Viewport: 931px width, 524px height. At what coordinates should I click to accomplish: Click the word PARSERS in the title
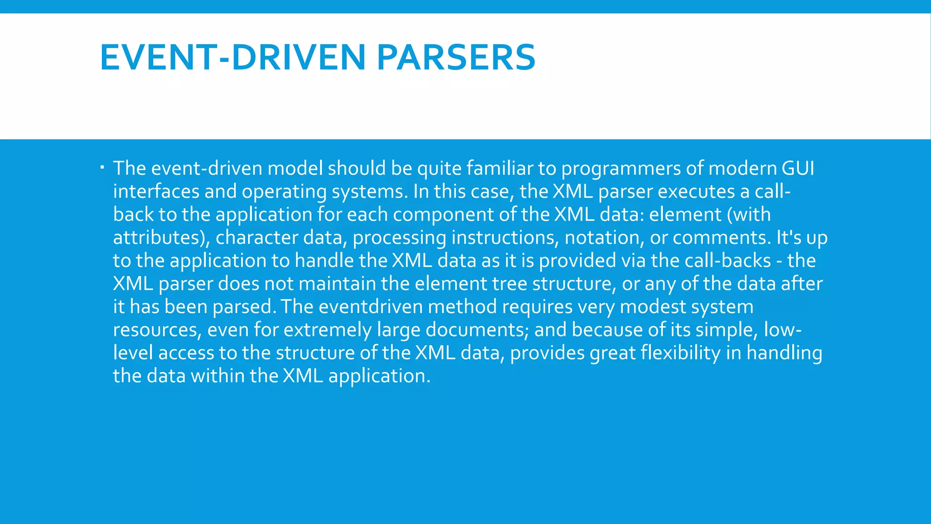click(456, 57)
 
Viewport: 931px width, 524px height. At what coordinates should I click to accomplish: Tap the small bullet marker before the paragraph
click(102, 168)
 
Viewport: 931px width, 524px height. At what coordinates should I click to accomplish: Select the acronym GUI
click(798, 168)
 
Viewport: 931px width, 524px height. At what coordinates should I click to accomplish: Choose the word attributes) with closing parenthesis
click(161, 238)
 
